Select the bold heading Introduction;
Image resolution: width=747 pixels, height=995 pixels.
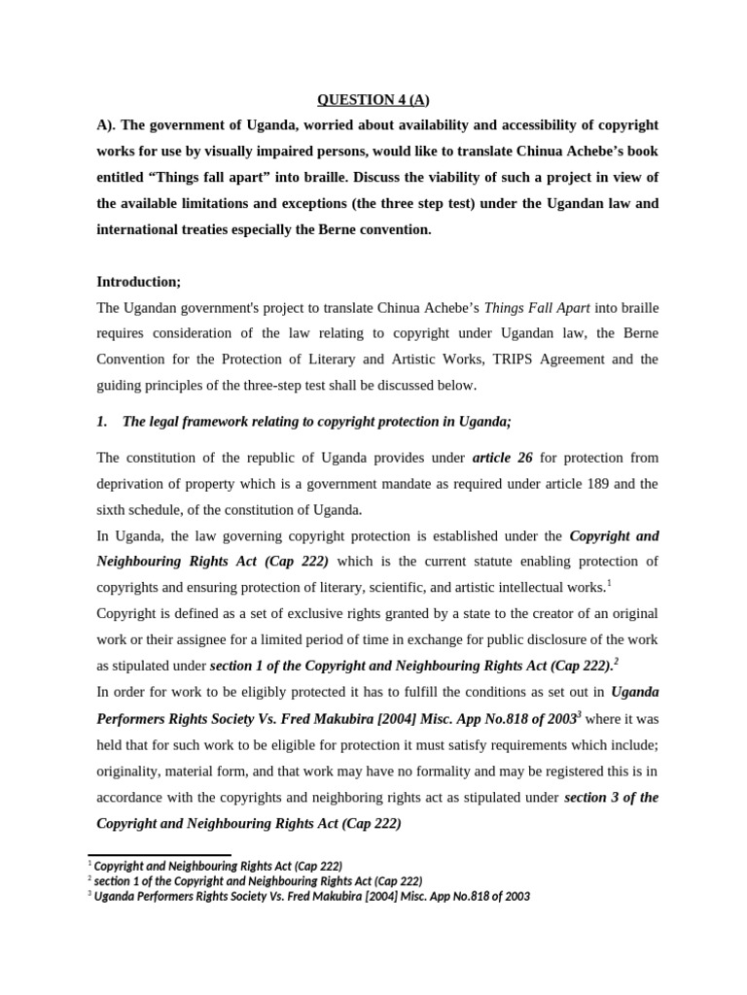(x=138, y=282)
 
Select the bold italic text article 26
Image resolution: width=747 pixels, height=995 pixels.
(x=502, y=458)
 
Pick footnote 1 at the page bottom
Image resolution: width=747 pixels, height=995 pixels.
(x=217, y=865)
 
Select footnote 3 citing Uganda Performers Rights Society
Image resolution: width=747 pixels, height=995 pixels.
(x=310, y=897)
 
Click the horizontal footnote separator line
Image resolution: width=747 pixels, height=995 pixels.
(x=160, y=854)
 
